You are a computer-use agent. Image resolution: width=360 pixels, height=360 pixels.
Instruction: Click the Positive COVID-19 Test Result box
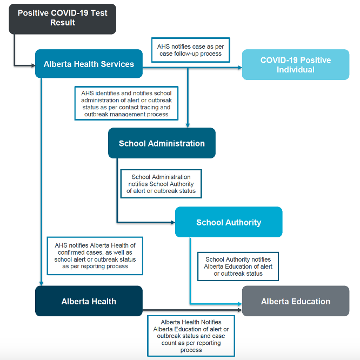tap(63, 19)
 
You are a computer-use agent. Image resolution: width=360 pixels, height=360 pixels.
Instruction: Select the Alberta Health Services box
tap(89, 64)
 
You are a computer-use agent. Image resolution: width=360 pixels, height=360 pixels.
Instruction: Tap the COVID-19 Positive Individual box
tap(296, 64)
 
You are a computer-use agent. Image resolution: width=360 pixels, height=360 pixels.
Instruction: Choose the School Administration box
tap(162, 143)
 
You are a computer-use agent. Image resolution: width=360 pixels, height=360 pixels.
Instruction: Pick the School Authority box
tap(229, 222)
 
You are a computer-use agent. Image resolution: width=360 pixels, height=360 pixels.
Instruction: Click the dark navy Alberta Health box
tap(89, 301)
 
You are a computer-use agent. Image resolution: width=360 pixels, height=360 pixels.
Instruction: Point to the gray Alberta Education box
tap(296, 301)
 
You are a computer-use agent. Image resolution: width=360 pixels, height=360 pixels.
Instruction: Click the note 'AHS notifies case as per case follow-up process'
tap(191, 50)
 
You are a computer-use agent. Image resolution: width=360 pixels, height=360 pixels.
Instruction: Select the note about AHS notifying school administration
tap(126, 103)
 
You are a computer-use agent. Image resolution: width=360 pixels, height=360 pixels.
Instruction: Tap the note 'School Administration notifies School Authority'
tap(161, 184)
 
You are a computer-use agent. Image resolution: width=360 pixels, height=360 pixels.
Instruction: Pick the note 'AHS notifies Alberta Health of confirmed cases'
tap(95, 256)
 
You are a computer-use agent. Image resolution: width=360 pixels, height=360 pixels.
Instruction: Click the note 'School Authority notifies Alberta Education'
tap(238, 266)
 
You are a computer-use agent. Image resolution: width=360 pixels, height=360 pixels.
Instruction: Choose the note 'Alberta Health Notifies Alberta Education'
tap(191, 336)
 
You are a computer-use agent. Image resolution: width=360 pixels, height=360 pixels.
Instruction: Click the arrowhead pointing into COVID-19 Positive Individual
tap(240, 68)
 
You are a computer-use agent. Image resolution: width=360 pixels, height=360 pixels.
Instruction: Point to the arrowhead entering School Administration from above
tap(188, 125)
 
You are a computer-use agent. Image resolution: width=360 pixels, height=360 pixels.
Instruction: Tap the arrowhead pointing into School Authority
tap(173, 222)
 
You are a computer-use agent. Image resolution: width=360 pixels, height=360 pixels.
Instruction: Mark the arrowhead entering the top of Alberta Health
tap(41, 284)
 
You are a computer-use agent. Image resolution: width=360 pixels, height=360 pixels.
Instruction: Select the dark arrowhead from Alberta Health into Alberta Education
tap(240, 310)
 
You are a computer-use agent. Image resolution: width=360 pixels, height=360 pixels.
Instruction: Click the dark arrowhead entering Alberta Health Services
tap(34, 65)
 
